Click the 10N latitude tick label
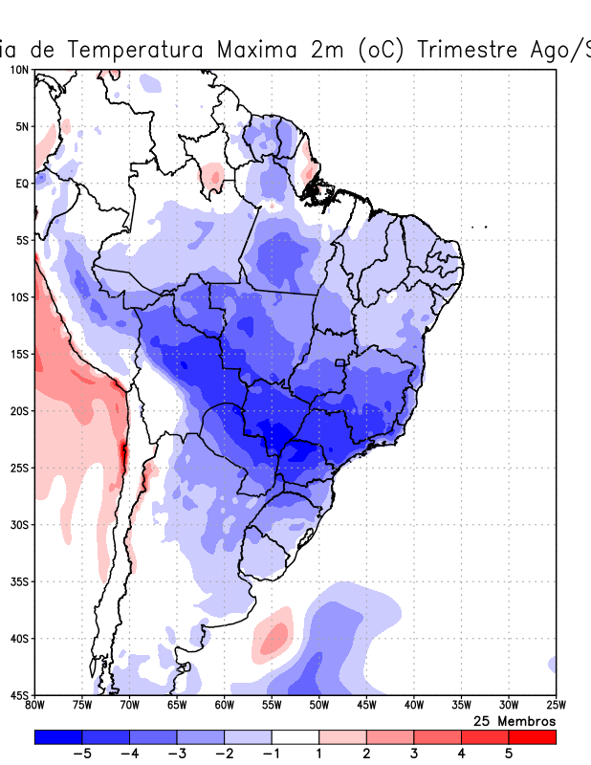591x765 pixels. click(19, 70)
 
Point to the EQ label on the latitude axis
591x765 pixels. click(22, 184)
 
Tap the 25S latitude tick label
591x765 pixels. click(19, 468)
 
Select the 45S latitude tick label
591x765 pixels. click(19, 694)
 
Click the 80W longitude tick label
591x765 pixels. click(35, 706)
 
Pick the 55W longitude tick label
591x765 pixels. click(272, 706)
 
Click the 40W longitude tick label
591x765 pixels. click(413, 706)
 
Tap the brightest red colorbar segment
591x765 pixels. click(532, 737)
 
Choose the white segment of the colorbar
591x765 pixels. click(295, 737)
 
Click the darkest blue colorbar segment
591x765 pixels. click(57, 737)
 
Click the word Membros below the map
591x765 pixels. click(525, 720)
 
